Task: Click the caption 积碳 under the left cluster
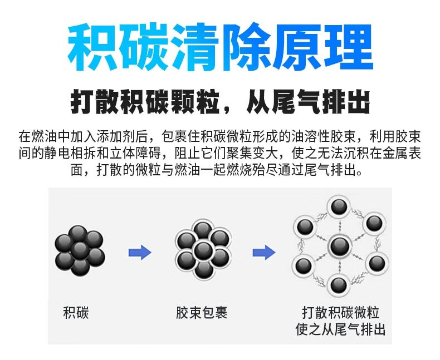pyautogui.click(x=77, y=313)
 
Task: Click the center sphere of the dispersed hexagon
pyautogui.click(x=338, y=245)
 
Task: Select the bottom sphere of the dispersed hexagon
pyautogui.click(x=338, y=285)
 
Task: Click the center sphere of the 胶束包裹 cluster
pyautogui.click(x=203, y=250)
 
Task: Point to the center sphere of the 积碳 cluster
pyautogui.click(x=80, y=249)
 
